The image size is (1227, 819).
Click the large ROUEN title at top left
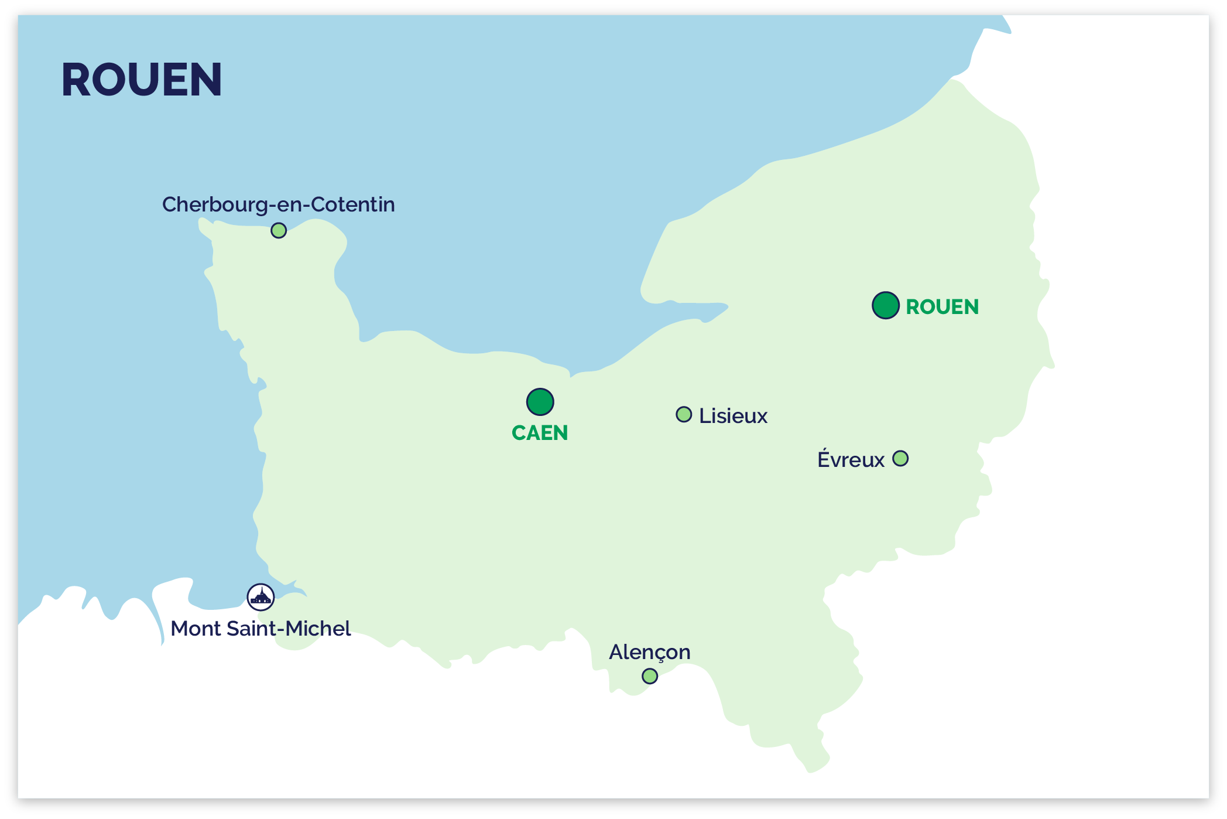[x=142, y=80]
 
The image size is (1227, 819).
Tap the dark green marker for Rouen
[x=885, y=305]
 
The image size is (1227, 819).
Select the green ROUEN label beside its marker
[x=942, y=307]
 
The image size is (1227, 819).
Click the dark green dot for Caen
[x=540, y=402]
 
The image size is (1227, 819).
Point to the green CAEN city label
[x=540, y=433]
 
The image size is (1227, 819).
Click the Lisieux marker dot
[x=684, y=414]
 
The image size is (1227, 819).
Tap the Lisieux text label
[x=733, y=416]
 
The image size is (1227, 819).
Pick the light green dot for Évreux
[x=900, y=458]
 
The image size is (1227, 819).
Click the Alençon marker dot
[x=650, y=676]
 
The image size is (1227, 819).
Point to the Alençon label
[x=650, y=652]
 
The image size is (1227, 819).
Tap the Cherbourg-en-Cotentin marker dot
[x=279, y=230]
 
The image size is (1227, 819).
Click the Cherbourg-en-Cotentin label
[x=279, y=204]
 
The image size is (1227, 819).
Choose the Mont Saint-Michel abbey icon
[x=261, y=597]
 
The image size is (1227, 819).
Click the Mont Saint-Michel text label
[x=261, y=629]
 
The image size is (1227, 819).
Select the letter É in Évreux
[x=824, y=459]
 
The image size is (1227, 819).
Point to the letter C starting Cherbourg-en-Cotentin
[x=170, y=204]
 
